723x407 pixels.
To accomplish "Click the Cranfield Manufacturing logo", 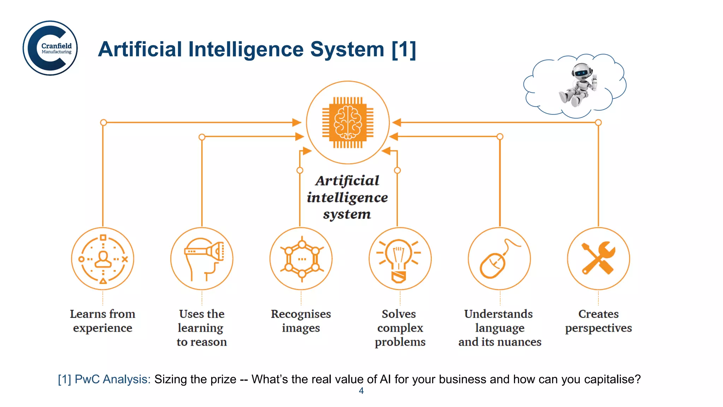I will tap(50, 48).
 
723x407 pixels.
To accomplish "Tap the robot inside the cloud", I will tap(578, 85).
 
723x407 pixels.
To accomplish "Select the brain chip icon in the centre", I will tap(348, 122).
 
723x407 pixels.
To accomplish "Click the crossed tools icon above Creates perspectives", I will tap(598, 258).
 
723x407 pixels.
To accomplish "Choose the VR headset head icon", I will tap(203, 258).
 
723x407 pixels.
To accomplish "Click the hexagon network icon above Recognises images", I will tap(301, 259).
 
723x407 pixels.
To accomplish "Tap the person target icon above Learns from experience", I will tap(103, 259).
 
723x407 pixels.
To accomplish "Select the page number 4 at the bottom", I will tap(361, 391).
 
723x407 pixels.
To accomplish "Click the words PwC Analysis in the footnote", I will tap(112, 379).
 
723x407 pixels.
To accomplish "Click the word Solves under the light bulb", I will tap(399, 314).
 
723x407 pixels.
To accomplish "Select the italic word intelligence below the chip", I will tap(347, 197).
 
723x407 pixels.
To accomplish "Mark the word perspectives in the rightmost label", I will tap(598, 328).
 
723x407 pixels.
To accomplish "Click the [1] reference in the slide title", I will tap(404, 49).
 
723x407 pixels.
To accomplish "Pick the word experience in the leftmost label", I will tap(103, 328).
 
